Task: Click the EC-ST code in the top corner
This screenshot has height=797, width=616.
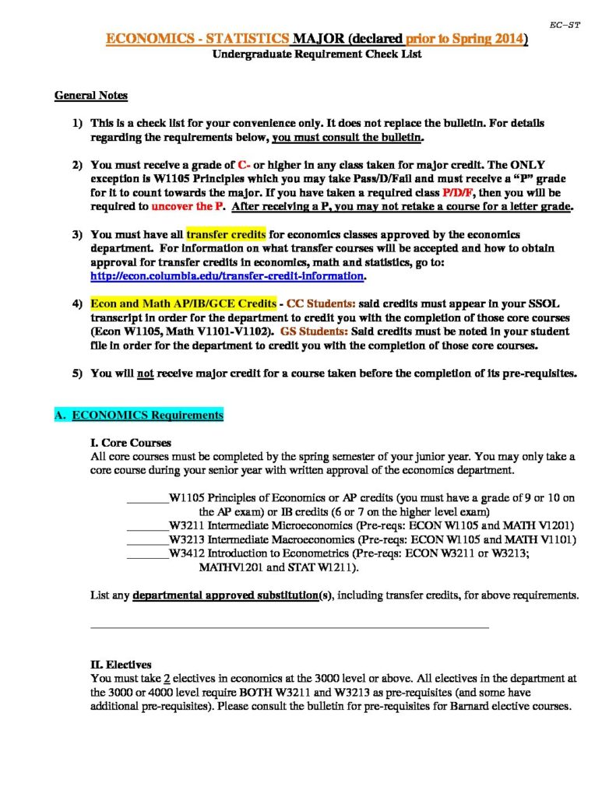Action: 565,25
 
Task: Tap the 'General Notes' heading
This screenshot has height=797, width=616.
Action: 91,96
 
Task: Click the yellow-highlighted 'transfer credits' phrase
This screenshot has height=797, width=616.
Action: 226,234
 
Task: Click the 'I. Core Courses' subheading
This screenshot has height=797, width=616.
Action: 131,443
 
